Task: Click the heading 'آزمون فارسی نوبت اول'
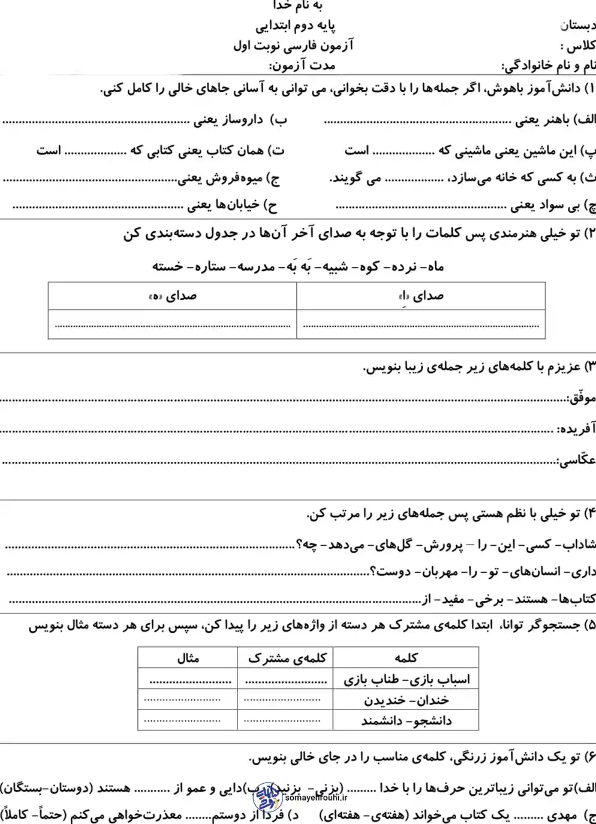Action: pos(293,46)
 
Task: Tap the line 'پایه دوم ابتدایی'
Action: pos(296,26)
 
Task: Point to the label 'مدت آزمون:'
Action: pos(302,65)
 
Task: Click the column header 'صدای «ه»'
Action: pos(173,296)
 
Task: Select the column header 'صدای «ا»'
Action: pos(421,296)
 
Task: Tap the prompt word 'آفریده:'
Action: pos(576,429)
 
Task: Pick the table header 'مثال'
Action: pos(188,658)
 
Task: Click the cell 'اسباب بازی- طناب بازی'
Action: pos(407,679)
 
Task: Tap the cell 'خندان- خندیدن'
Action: pos(407,700)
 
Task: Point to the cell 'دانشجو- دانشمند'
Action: pos(407,720)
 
